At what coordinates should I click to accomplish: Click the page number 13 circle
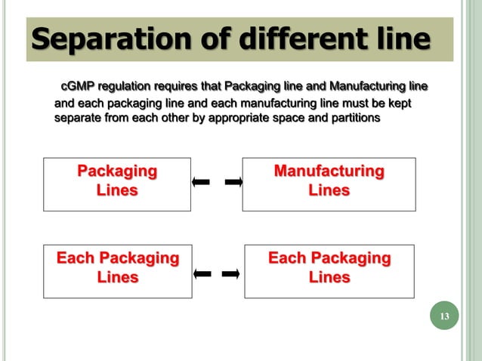pyautogui.click(x=444, y=316)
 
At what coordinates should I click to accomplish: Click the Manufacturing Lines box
pyautogui.click(x=329, y=184)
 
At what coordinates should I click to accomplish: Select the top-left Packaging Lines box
pyautogui.click(x=117, y=184)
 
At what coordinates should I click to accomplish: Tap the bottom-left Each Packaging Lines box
pyautogui.click(x=117, y=271)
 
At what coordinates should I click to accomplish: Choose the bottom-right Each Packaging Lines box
pyautogui.click(x=329, y=271)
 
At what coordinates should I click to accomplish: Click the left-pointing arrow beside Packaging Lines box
pyautogui.click(x=201, y=182)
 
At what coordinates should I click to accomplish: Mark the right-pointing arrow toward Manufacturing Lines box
pyautogui.click(x=233, y=182)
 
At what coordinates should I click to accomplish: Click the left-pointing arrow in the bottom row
pyautogui.click(x=202, y=273)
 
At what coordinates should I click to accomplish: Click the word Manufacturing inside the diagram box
pyautogui.click(x=329, y=171)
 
